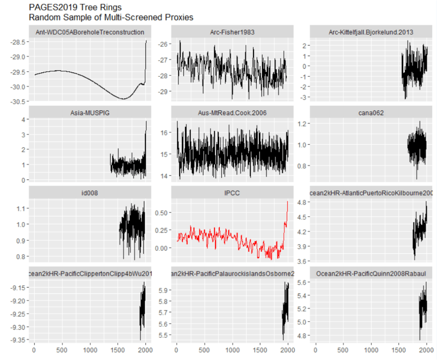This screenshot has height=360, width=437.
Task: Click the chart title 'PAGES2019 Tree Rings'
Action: [75, 7]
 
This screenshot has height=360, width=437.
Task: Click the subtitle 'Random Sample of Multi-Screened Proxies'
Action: [111, 17]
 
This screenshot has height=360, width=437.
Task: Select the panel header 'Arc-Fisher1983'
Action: [232, 32]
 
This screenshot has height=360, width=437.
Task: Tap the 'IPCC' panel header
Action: [232, 193]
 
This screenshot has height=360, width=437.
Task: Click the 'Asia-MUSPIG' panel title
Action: [90, 113]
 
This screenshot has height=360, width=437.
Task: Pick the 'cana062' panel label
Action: [370, 113]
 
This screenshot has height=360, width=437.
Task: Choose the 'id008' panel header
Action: [90, 193]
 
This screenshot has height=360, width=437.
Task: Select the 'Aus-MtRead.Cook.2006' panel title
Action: [232, 113]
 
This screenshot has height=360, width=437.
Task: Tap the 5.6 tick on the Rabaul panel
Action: [303, 282]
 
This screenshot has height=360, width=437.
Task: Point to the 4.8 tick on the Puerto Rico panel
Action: [303, 203]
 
